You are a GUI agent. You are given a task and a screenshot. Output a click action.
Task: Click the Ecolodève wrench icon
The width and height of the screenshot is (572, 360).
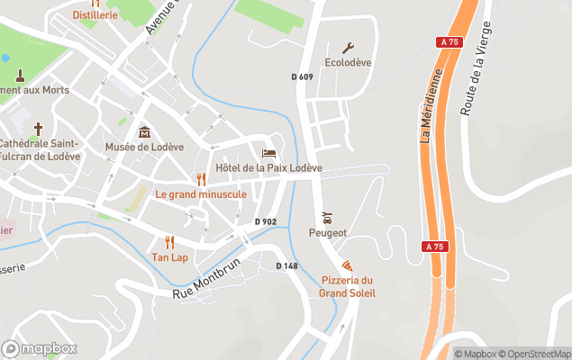348,48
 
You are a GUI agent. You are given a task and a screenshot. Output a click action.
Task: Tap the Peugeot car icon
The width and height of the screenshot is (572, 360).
327,217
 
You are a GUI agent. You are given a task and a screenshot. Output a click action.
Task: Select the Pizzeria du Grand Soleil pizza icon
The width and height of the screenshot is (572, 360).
347,265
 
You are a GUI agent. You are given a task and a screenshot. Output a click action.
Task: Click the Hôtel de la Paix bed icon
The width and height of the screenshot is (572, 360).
268,153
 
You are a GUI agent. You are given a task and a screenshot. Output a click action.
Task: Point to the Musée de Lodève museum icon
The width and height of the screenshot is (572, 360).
144,132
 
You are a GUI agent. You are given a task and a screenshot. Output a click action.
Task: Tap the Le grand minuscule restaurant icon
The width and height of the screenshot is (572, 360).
201,179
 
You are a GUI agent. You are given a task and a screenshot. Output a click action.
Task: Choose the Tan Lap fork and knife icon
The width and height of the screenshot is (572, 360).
169,242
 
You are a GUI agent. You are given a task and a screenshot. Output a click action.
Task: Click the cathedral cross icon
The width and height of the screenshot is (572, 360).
38,129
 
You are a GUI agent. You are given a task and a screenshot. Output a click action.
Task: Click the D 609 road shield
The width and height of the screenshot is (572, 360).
303,77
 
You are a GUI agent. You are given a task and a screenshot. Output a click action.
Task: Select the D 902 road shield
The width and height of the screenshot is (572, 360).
265,221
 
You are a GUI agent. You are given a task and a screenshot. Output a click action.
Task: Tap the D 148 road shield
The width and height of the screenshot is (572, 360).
286,265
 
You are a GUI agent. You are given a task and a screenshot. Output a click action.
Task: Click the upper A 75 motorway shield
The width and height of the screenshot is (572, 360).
450,41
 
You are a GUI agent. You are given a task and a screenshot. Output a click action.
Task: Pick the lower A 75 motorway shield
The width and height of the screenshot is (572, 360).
433,245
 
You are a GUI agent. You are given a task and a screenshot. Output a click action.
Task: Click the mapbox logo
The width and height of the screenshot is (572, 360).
40,348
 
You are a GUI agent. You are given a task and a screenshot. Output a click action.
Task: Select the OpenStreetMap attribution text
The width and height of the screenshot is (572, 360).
537,354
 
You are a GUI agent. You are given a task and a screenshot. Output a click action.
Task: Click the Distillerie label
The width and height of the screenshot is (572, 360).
95,15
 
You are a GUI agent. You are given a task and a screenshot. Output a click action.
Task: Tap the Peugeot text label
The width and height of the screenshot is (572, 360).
328,232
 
